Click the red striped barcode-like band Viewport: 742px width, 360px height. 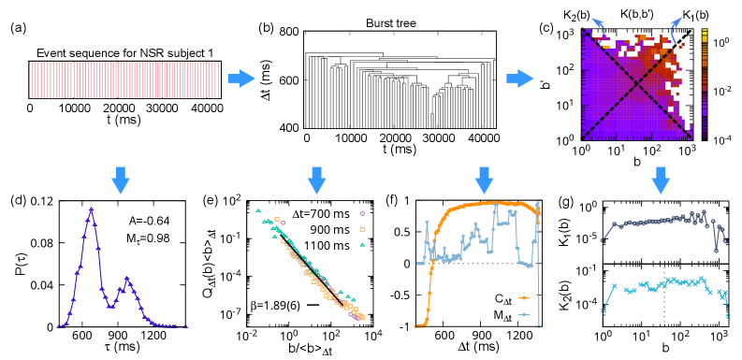(x=124, y=79)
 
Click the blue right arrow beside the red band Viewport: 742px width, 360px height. (x=240, y=79)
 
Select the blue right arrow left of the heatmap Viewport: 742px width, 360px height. (x=519, y=79)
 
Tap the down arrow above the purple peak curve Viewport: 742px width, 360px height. (x=121, y=180)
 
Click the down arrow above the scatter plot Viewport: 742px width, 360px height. (x=316, y=180)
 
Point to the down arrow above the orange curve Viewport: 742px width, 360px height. (x=484, y=180)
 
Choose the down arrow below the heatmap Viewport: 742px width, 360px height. (x=661, y=180)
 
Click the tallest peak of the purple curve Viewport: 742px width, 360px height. (x=91, y=209)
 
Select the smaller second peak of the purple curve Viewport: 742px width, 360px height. (x=127, y=279)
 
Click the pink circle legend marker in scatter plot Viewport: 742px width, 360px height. (x=362, y=213)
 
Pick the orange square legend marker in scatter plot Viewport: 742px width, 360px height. (x=362, y=229)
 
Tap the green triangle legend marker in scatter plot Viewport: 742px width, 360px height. (x=362, y=244)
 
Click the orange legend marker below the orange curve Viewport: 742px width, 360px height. (x=524, y=297)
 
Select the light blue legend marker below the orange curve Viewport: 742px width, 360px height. (x=524, y=314)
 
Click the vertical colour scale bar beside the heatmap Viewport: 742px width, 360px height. (x=705, y=82)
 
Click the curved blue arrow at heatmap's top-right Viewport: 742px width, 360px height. (x=675, y=25)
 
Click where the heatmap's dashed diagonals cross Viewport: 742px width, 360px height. (x=636, y=86)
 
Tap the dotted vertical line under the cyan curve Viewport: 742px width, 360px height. (x=664, y=299)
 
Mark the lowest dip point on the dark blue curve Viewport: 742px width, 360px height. (x=716, y=250)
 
